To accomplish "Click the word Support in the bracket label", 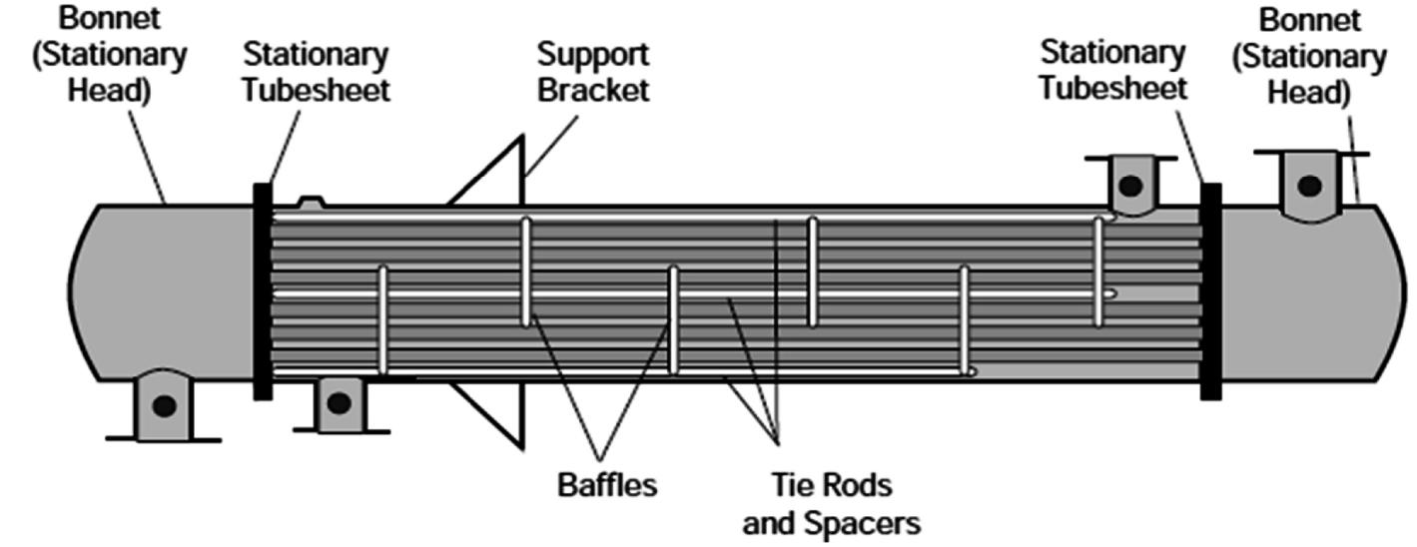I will pos(593,53).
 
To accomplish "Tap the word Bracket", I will pos(593,89).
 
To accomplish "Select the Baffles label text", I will pos(606,486).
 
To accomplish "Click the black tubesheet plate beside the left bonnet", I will pos(263,290).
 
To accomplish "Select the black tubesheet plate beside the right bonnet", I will pos(1210,290).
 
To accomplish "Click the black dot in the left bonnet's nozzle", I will pos(164,406).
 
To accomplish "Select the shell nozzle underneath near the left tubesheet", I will pos(339,403).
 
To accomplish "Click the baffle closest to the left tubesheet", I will pos(381,319).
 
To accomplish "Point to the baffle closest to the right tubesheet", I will pos(1098,270).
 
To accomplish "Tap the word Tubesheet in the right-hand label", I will pos(1112,87).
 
